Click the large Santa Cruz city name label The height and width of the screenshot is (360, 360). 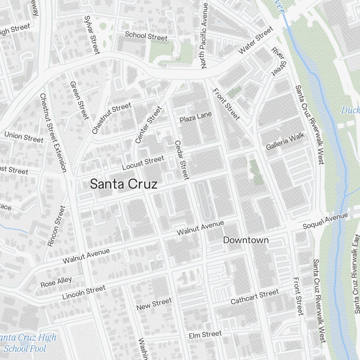tap(123, 184)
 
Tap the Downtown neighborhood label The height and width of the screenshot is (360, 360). tap(246, 240)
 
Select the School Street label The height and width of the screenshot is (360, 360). tap(146, 36)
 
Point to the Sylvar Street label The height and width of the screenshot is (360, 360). tap(91, 35)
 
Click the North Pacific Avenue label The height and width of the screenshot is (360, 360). tap(204, 36)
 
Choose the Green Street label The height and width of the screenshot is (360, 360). tap(79, 100)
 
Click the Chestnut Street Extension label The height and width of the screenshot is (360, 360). tap(53, 132)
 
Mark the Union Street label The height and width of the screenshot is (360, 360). tap(24, 137)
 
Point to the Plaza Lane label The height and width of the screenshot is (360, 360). tap(196, 117)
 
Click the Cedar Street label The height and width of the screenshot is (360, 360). tap(181, 160)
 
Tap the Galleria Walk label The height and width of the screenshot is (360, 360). tap(285, 141)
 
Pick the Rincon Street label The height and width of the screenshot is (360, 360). tap(57, 226)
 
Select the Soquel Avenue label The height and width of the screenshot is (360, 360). tap(325, 221)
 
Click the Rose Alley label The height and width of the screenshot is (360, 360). tap(56, 282)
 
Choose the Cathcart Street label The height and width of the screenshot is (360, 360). tap(255, 296)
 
